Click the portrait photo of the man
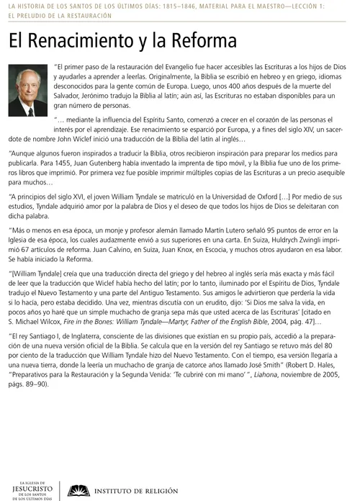pyautogui.click(x=28, y=93)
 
